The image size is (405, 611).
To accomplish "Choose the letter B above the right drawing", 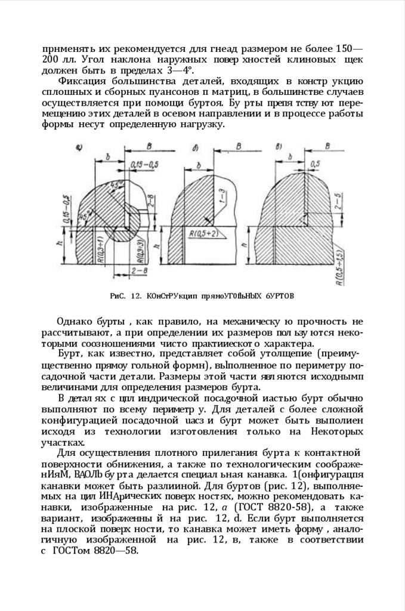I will point(327,145).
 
